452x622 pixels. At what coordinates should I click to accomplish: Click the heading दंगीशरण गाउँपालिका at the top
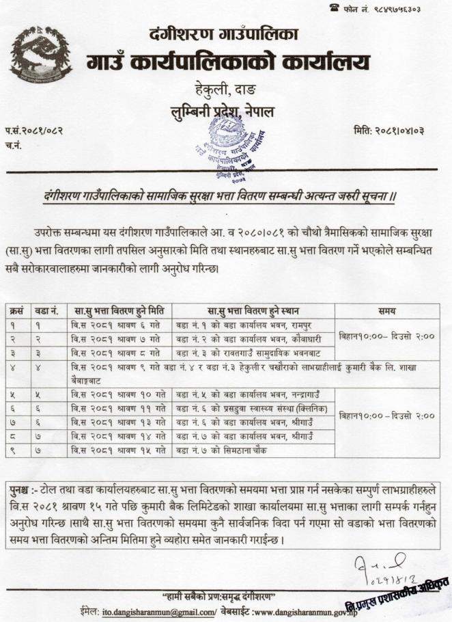(223, 33)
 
